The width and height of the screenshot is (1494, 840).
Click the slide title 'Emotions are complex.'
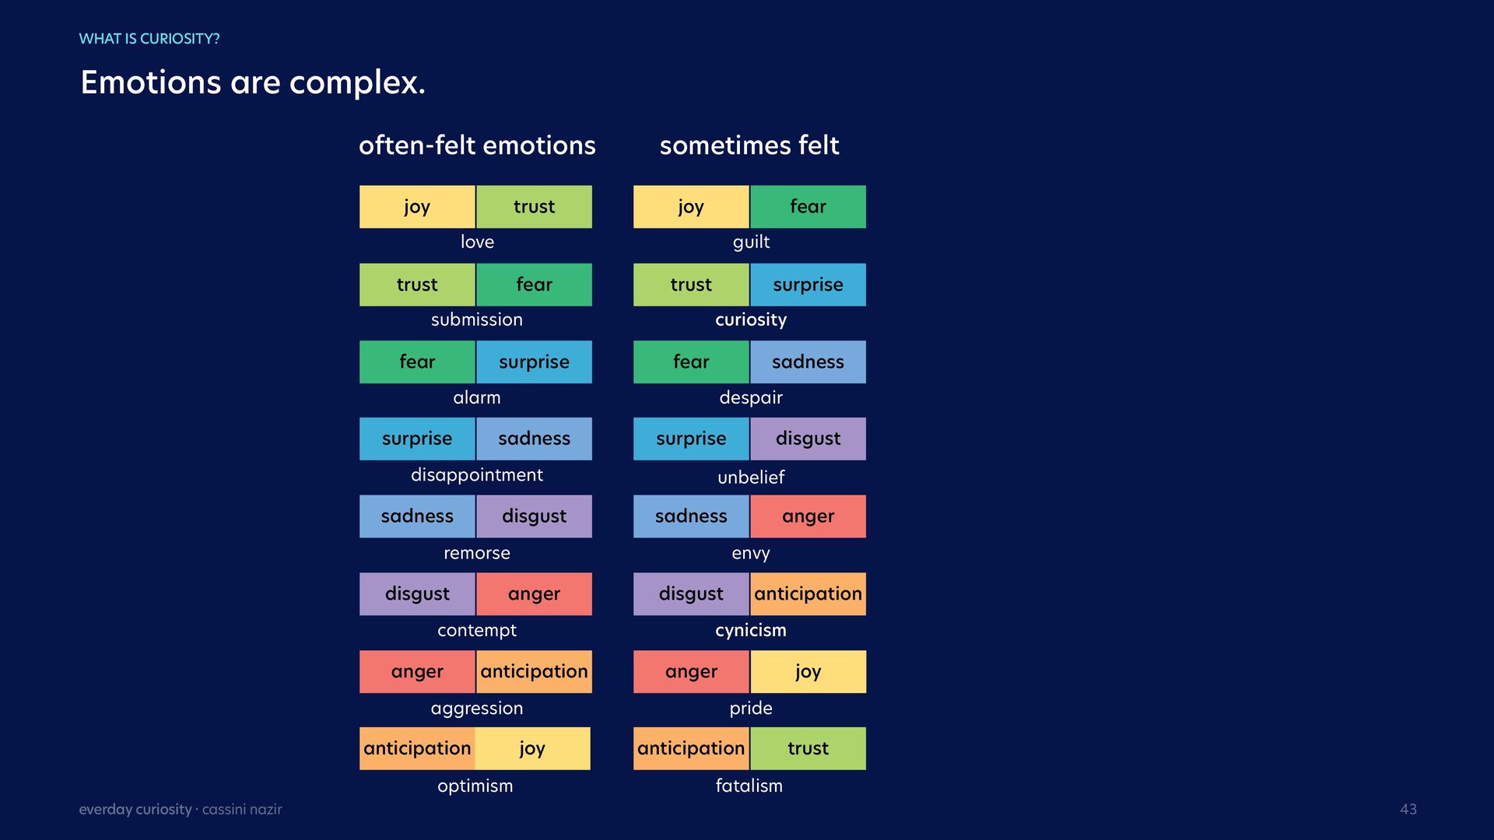pos(253,82)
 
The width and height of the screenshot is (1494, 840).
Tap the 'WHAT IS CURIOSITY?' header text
pos(149,39)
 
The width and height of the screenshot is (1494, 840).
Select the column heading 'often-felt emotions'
pos(477,145)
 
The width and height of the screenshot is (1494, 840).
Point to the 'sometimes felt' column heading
pos(749,145)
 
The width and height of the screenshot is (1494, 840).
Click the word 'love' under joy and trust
pos(477,242)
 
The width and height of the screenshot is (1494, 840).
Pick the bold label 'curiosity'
pos(751,320)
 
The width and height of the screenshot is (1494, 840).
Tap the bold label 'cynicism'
pos(751,630)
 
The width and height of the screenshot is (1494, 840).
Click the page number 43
pos(1408,809)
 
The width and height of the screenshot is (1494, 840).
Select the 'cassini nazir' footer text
pos(242,810)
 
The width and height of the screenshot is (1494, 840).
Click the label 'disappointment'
pos(477,475)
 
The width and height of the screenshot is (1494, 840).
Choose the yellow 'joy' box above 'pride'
pos(808,672)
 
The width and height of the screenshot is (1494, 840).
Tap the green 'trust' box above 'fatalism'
pos(808,749)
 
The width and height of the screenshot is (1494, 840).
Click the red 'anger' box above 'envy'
pos(808,516)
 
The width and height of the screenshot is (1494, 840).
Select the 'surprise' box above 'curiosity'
pos(808,285)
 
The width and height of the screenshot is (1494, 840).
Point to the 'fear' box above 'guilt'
pos(808,207)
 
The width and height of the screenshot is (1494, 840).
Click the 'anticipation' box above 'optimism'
pos(417,749)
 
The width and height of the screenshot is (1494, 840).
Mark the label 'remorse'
pos(477,553)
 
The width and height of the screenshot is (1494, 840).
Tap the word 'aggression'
pos(477,709)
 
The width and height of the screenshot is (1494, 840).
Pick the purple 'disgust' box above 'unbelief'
pos(808,439)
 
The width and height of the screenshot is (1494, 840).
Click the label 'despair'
pos(751,397)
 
